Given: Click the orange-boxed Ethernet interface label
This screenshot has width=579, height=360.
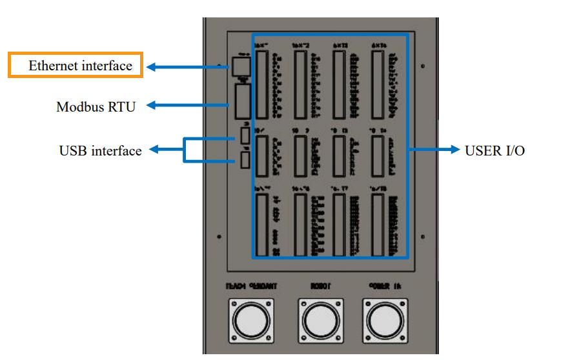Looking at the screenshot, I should (76, 65).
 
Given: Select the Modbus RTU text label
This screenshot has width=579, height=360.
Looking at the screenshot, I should (96, 106).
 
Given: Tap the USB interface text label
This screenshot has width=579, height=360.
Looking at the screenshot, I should (100, 151).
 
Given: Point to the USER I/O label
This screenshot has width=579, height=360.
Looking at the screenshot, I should (495, 150).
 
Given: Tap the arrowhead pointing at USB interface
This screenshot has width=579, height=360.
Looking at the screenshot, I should (156, 150).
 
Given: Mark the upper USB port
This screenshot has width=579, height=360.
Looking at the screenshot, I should (245, 135).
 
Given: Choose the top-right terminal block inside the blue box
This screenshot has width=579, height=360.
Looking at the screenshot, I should (378, 83).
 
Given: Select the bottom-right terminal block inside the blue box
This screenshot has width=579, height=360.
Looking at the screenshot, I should (378, 223).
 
